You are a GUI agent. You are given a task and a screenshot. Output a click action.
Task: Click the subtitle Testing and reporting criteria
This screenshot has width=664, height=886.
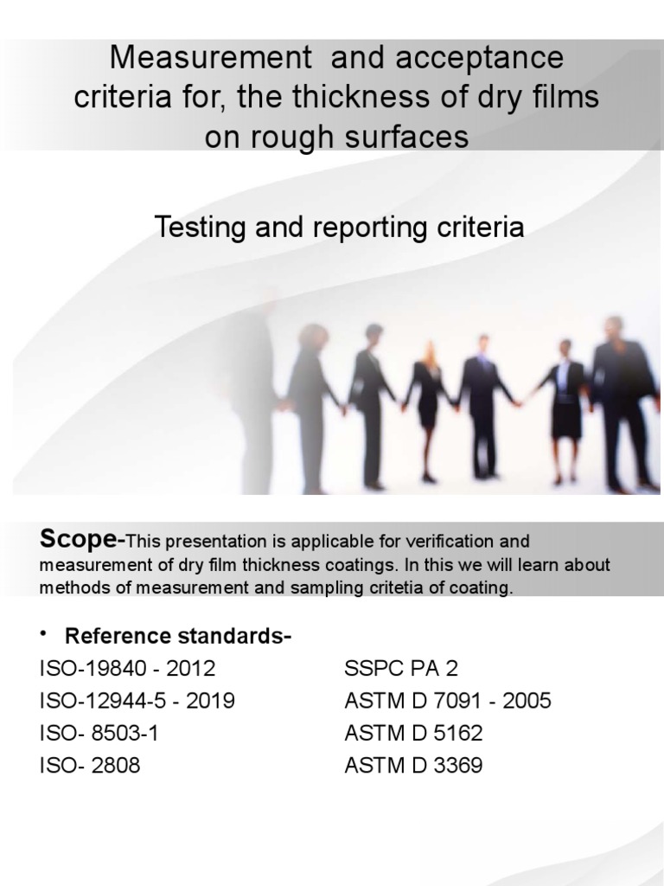[339, 228]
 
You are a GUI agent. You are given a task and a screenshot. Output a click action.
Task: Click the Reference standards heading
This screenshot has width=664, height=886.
[178, 637]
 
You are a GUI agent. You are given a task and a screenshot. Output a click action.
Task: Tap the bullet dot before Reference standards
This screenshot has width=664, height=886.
[43, 635]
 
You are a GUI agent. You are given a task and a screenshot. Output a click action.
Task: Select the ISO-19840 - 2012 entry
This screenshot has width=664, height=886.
[127, 669]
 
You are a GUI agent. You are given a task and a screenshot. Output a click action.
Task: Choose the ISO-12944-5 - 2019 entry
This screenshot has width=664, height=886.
[137, 701]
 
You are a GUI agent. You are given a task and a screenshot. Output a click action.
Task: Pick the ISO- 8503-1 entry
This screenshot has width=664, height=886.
[99, 734]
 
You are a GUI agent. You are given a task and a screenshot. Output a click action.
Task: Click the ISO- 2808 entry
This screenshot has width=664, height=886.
[88, 766]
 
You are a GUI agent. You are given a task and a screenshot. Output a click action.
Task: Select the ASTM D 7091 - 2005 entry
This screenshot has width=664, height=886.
[447, 701]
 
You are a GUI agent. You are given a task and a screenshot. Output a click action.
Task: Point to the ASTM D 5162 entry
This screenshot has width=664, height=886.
[413, 734]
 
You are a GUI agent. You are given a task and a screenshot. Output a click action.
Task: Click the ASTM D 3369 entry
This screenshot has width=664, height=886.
[413, 766]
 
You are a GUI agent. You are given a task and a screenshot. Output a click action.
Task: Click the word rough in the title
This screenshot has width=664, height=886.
[286, 137]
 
